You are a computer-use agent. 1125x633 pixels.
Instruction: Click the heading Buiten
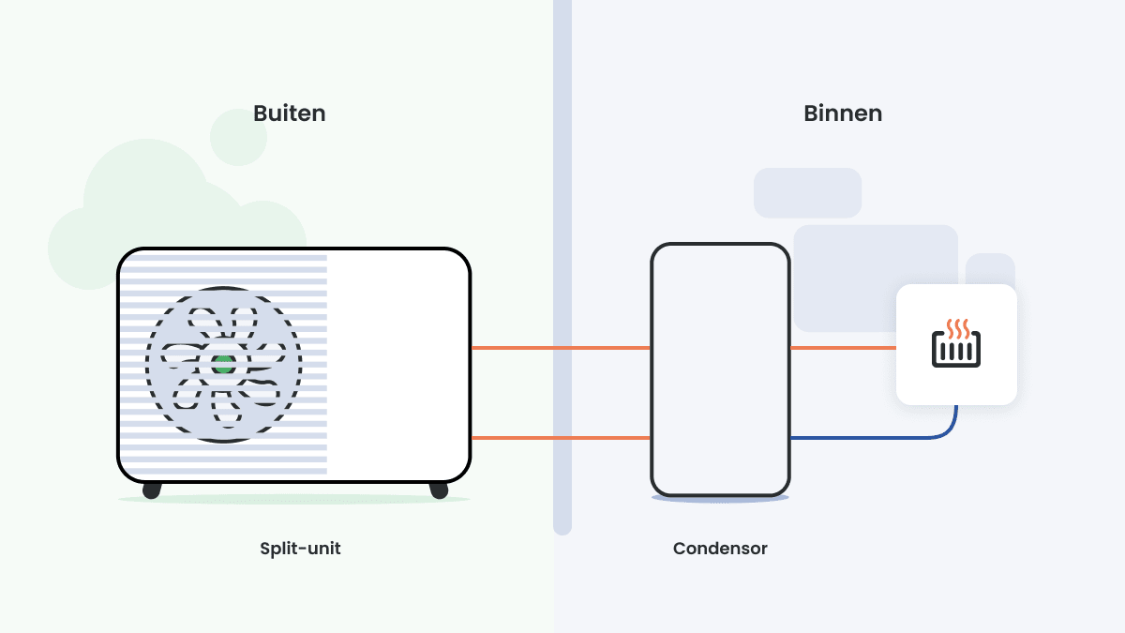pos(289,113)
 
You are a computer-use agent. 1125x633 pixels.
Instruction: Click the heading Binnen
pos(842,113)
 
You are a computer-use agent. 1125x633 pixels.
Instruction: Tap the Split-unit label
pos(300,549)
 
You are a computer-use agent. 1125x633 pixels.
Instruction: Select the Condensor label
pos(720,549)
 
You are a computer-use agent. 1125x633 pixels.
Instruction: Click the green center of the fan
pos(223,365)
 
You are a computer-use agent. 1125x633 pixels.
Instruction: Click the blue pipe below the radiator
pos(872,438)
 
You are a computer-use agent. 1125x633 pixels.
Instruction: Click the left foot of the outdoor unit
pos(151,490)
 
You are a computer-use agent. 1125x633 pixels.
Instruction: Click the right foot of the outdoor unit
pos(438,490)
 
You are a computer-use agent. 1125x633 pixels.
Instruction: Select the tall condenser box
pos(720,369)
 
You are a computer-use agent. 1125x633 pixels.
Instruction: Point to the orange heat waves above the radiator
pos(956,327)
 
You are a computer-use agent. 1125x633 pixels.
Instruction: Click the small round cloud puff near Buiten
pos(238,138)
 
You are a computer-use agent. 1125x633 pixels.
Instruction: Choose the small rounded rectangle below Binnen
pos(807,192)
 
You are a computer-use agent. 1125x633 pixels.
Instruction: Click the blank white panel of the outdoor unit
pos(397,365)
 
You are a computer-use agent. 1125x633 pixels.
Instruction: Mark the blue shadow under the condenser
pos(720,499)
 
